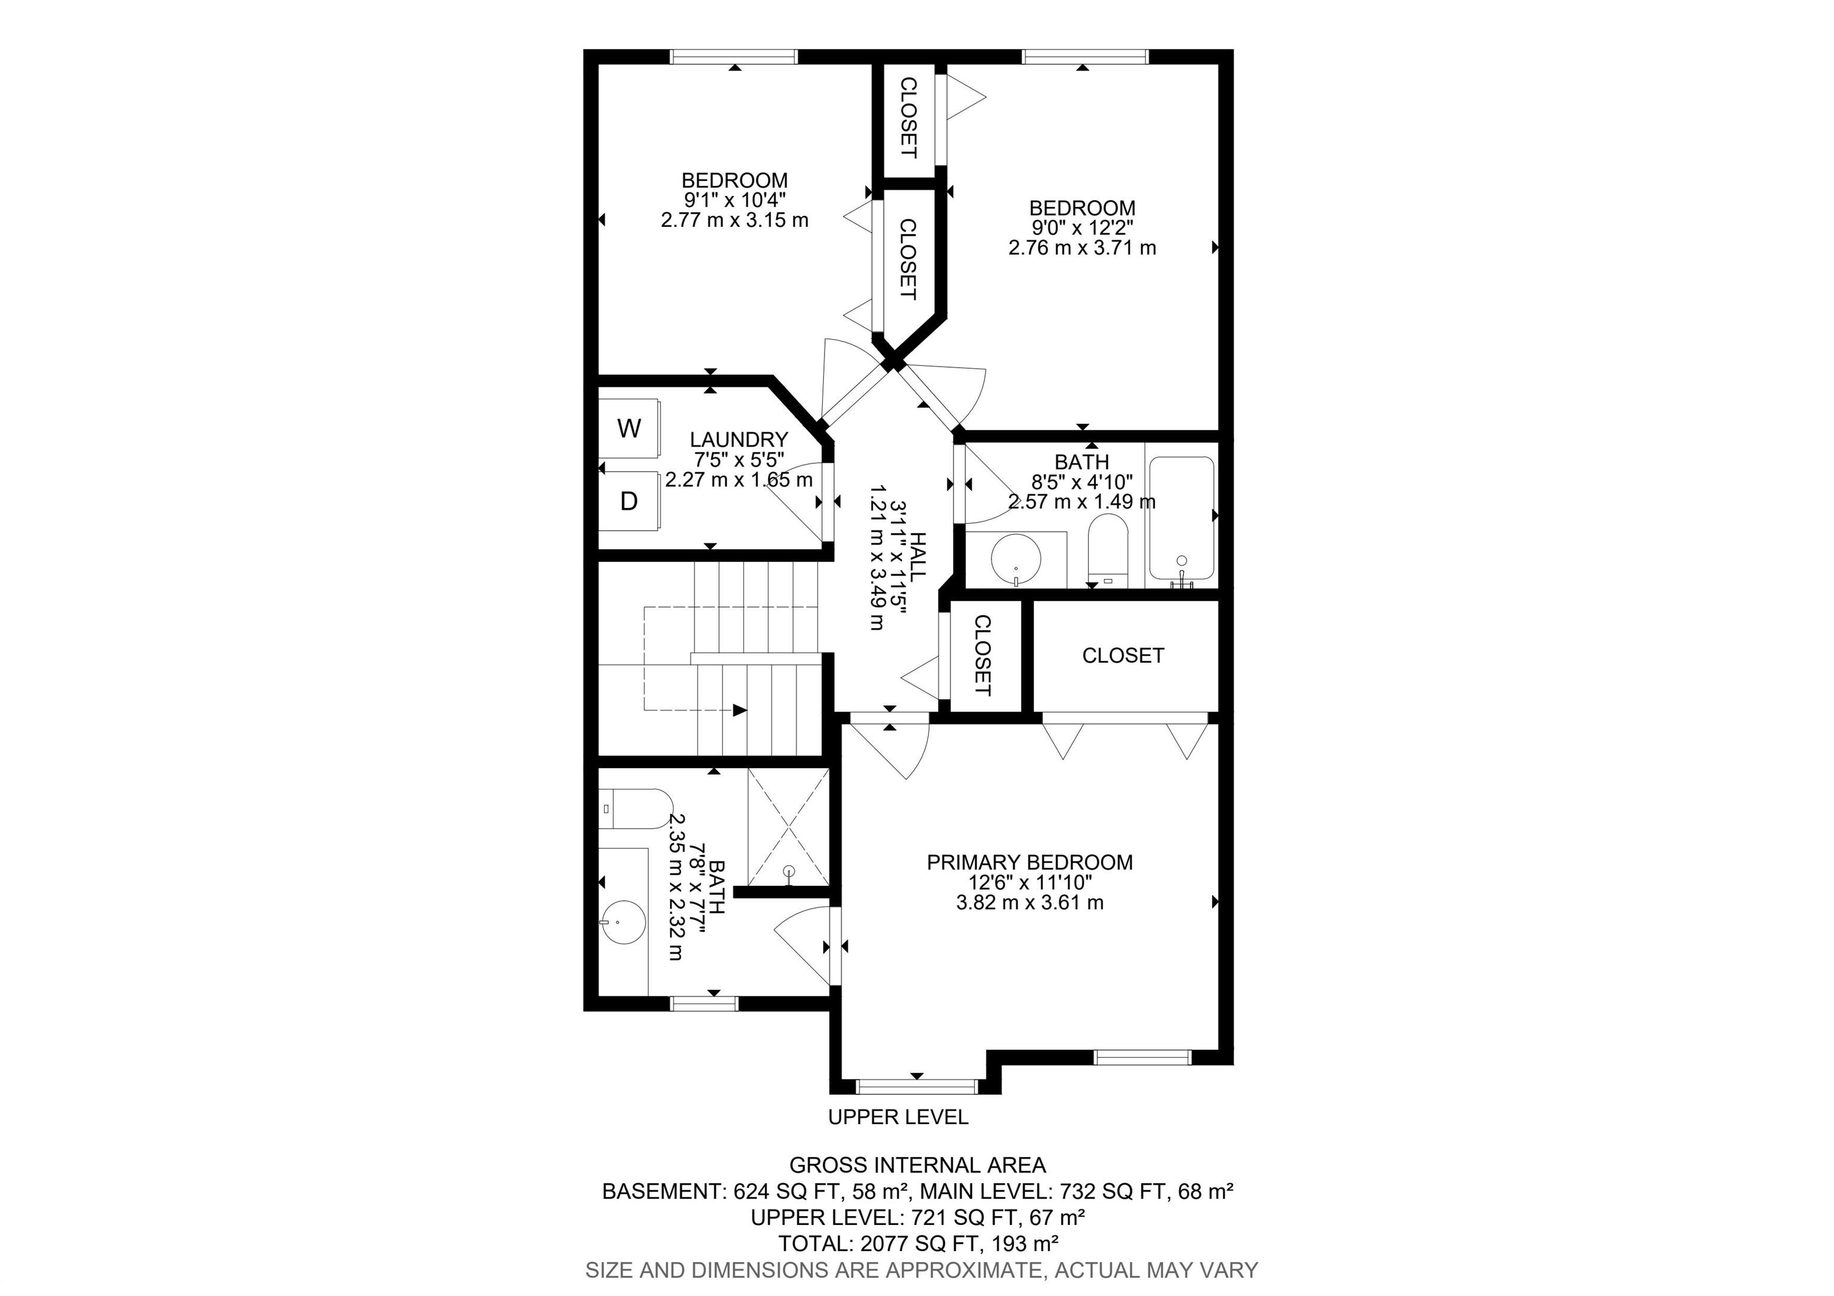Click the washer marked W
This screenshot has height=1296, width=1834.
[629, 429]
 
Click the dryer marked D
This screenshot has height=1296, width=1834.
[629, 501]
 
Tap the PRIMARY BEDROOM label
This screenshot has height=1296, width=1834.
[1030, 863]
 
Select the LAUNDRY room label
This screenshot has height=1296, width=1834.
[739, 440]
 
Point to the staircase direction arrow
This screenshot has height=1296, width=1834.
[740, 710]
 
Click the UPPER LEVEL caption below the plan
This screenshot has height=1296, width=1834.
[898, 1117]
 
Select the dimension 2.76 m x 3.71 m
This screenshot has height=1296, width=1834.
[1082, 248]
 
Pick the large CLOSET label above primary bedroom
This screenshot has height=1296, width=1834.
[1123, 655]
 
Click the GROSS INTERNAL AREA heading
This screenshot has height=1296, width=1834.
[918, 1166]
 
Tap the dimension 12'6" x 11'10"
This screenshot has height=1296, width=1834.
[1030, 882]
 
